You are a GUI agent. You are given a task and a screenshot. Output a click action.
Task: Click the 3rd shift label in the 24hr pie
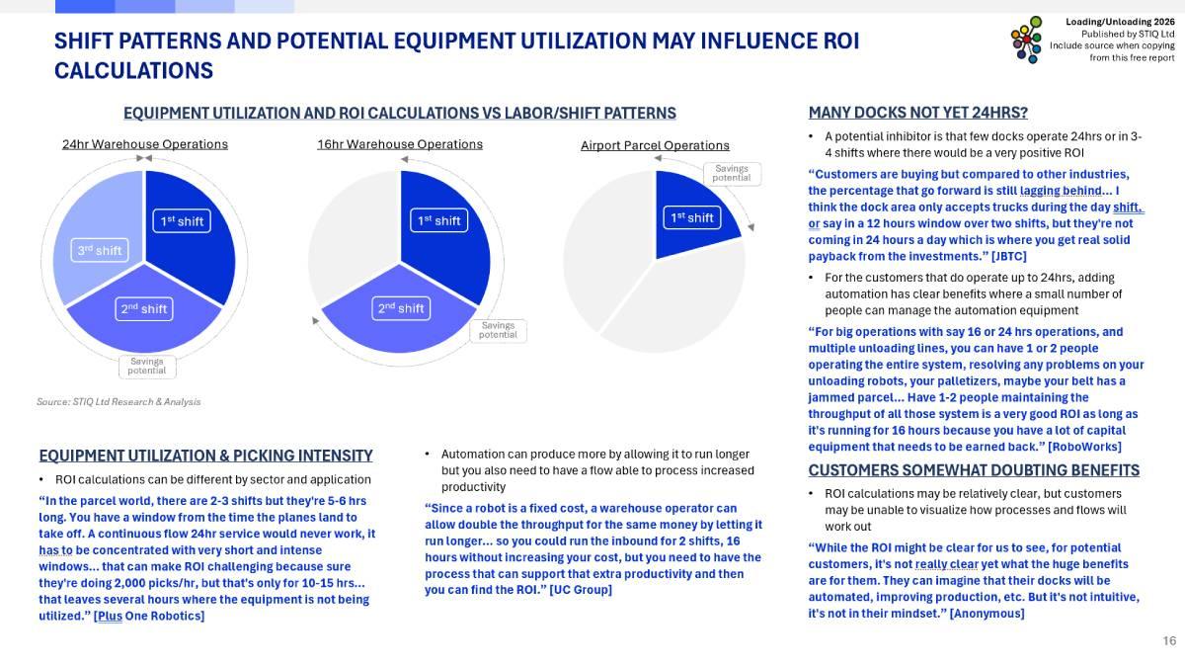coord(100,250)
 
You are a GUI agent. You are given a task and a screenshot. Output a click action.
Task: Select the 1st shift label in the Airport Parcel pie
coord(691,217)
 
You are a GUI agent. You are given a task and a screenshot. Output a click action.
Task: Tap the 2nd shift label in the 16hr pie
coord(400,308)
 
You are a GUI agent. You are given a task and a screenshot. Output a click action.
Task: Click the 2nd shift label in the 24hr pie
coord(144,309)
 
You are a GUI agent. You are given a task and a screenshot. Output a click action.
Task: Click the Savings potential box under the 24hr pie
coord(146,366)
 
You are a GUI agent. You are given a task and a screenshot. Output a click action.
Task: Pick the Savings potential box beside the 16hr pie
coord(498,330)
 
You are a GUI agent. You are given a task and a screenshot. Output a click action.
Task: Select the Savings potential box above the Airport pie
coord(731,173)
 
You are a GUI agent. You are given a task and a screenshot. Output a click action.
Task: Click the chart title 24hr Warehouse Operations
coord(145,144)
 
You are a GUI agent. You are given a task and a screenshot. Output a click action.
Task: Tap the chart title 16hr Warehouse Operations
coord(400,144)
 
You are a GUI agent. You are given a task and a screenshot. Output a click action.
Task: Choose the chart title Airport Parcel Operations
coord(655,145)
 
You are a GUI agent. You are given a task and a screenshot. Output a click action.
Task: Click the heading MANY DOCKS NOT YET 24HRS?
coord(917,113)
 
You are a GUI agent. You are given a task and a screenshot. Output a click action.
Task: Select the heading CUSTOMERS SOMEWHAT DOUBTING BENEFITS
coord(974,470)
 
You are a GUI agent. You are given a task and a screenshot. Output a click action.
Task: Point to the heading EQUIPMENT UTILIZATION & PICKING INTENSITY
coord(205,456)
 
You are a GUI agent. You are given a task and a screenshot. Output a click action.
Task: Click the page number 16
coord(1169,641)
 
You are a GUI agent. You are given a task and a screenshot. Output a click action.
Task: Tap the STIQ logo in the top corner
coord(1026,40)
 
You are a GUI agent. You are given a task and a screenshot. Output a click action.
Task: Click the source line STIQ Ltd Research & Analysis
coord(118,402)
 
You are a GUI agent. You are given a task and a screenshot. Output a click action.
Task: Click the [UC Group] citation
coord(581,590)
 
